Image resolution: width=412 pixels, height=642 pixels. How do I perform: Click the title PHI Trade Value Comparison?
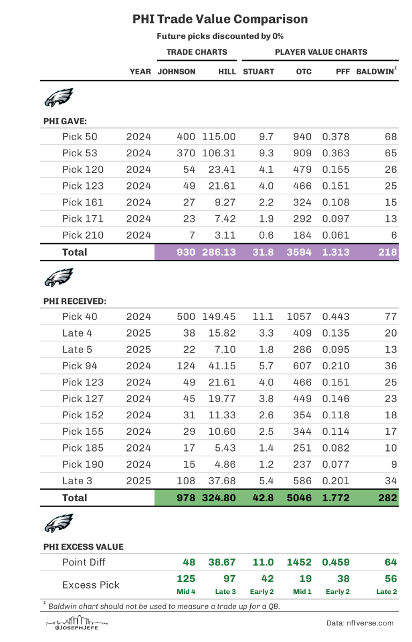[x=220, y=20]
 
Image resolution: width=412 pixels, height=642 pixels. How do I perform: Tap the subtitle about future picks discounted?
[x=220, y=36]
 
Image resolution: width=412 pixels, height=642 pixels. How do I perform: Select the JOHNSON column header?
[x=176, y=71]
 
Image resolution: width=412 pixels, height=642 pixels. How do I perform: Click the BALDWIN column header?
[x=377, y=71]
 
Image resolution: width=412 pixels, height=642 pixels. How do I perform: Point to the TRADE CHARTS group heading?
[x=197, y=52]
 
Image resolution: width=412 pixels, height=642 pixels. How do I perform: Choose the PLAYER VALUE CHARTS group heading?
[x=321, y=52]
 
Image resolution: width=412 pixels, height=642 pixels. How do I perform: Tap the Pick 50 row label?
[x=80, y=136]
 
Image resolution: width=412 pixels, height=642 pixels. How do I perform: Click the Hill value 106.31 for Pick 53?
[x=219, y=153]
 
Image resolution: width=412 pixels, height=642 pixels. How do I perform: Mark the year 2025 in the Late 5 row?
[x=139, y=349]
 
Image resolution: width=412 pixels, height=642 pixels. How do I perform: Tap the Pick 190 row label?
[x=83, y=464]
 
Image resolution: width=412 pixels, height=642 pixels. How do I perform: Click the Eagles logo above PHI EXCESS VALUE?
[x=59, y=523]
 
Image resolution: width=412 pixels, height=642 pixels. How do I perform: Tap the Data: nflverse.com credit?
[x=360, y=623]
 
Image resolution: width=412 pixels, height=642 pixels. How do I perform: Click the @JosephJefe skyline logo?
[x=76, y=623]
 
